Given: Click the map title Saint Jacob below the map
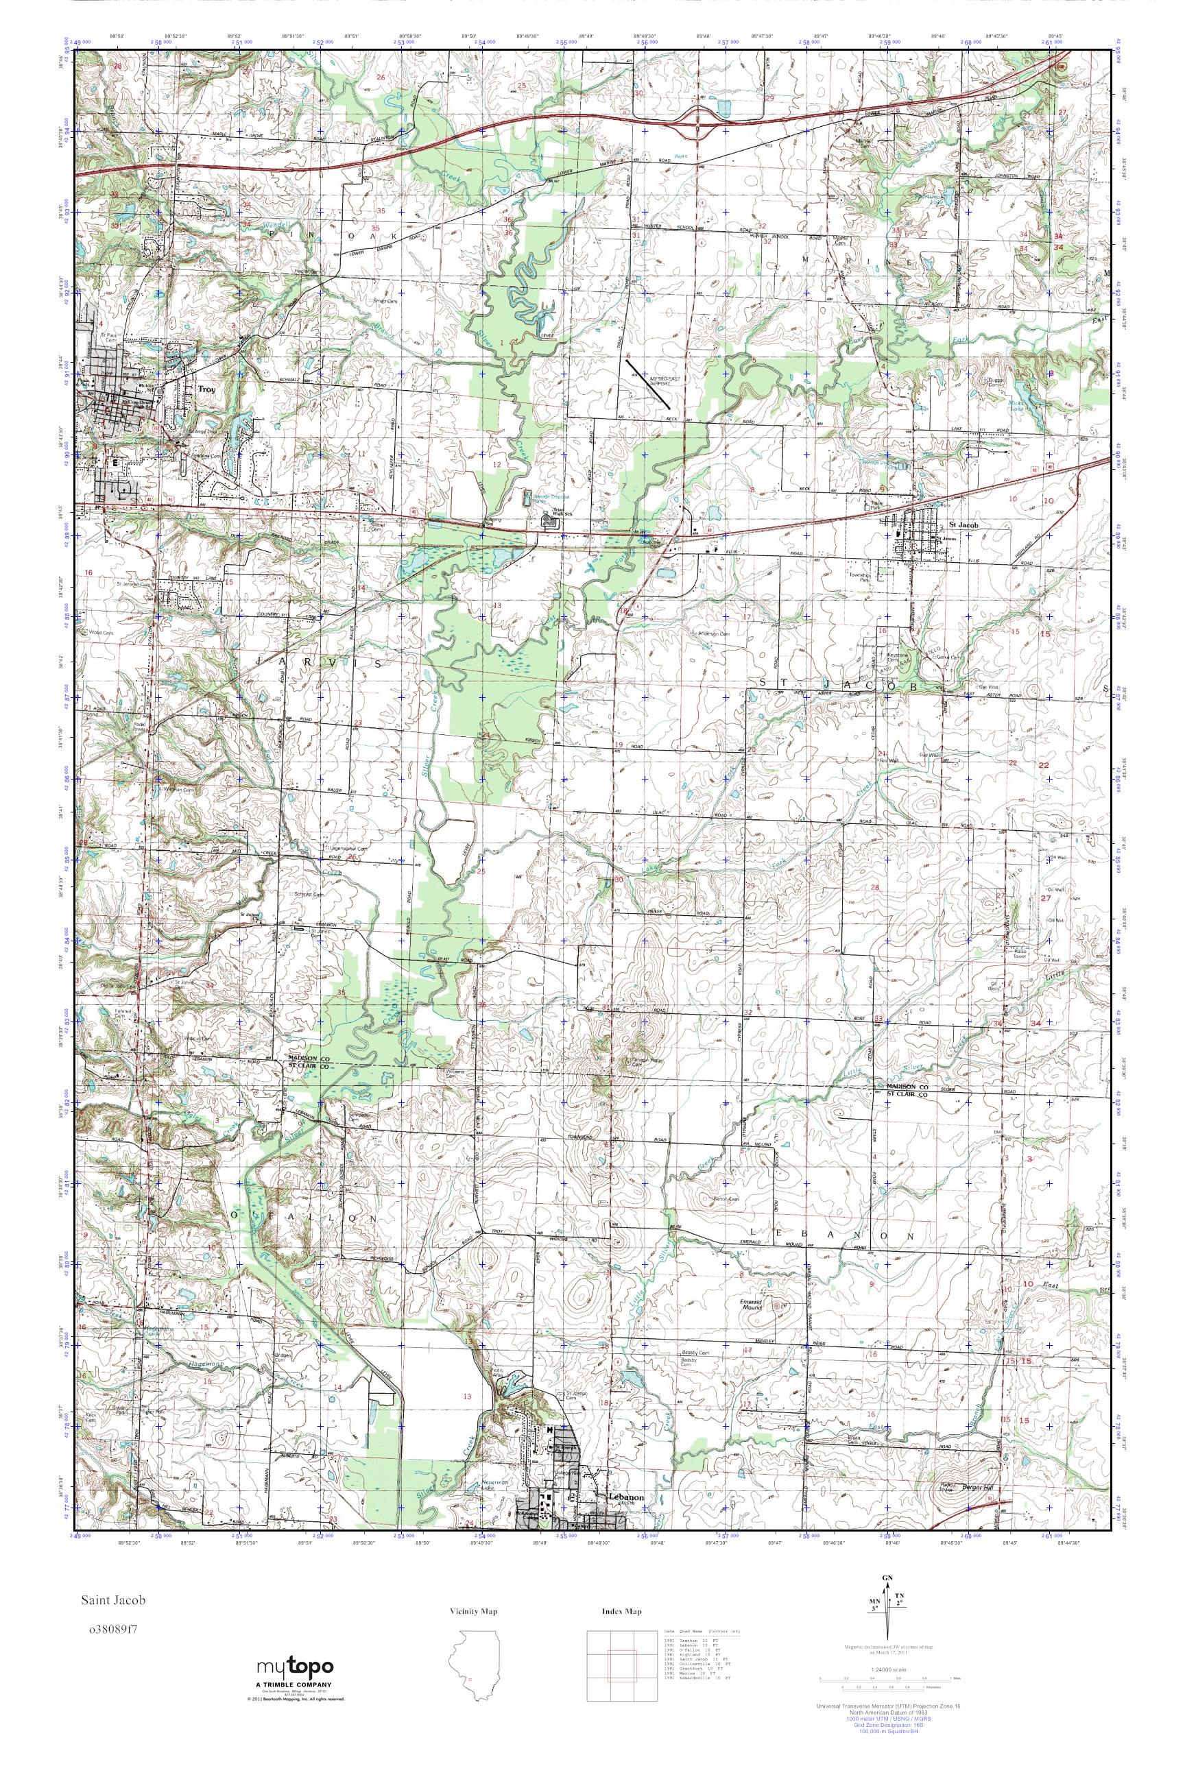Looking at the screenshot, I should (x=116, y=1599).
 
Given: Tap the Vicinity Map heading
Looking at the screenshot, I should (x=473, y=1612).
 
